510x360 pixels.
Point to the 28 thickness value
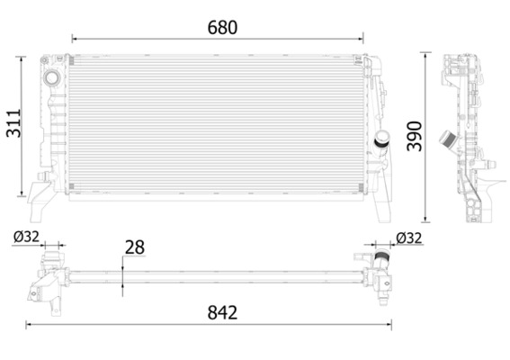click(x=136, y=247)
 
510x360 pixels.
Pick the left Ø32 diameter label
click(x=25, y=238)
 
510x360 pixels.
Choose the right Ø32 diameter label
click(x=408, y=238)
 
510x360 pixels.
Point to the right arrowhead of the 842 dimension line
click(x=395, y=322)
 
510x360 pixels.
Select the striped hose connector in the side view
click(x=445, y=142)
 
